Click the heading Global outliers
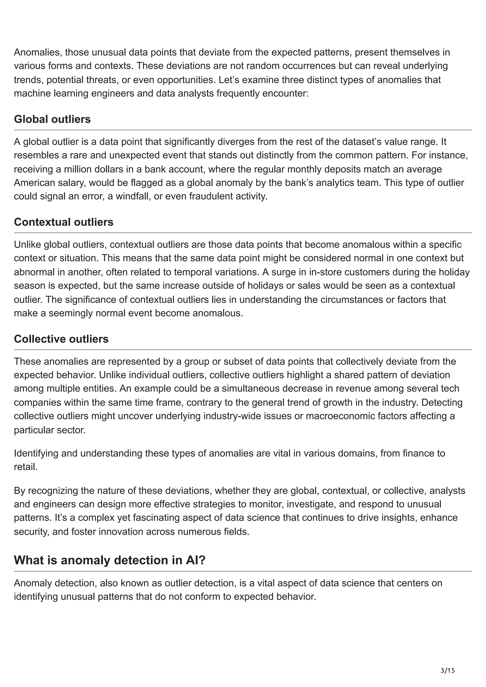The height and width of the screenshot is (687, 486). (x=52, y=119)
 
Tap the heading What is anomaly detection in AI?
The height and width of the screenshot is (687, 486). (x=110, y=560)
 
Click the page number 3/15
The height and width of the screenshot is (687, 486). (x=448, y=662)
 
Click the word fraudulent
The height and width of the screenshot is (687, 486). (x=210, y=196)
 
